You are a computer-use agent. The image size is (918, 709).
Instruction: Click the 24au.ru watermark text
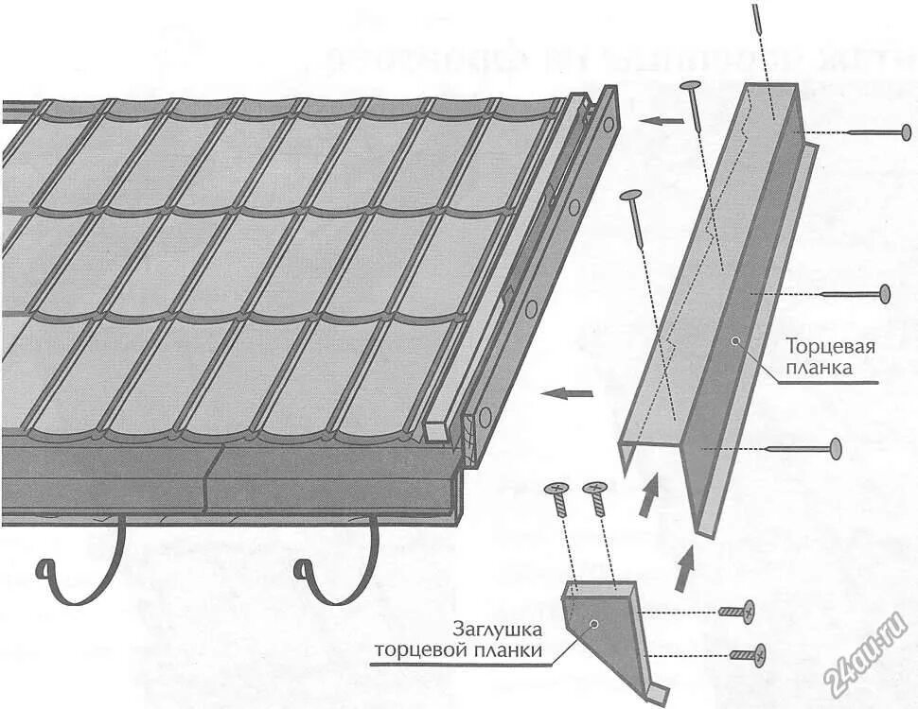867,652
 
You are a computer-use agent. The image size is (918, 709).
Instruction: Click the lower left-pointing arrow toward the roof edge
573,391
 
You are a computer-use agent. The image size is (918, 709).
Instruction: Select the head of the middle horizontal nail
885,294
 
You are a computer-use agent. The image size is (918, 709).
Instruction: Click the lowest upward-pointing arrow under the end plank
685,569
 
